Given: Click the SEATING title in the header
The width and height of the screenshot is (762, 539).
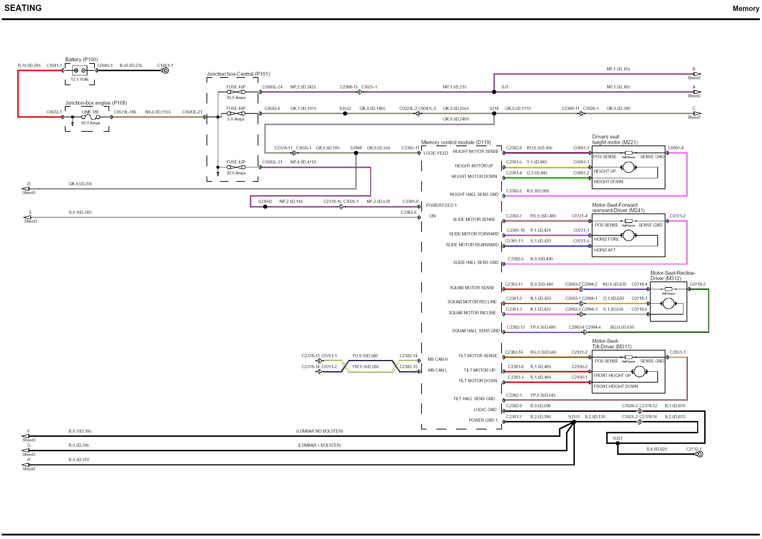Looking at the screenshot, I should coord(23,8).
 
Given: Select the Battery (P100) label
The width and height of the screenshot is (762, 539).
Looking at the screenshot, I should coord(81,60).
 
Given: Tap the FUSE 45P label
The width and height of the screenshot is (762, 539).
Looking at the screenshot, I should coord(236,87).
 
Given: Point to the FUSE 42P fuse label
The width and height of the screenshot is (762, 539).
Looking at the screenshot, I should coord(236,162).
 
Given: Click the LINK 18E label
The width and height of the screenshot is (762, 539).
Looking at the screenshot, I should coord(91,112).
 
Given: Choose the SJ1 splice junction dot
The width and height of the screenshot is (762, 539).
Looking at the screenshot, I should coord(494,92).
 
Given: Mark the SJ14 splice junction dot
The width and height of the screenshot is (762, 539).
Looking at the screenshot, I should coord(494,113).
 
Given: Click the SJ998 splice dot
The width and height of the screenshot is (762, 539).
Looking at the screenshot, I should coord(356,153).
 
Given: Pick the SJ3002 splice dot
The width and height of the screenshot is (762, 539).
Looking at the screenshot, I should coord(265,207).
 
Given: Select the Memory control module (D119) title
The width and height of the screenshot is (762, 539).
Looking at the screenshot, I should coord(456,142).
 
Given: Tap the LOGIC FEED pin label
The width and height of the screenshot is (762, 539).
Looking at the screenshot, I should coord(436,153).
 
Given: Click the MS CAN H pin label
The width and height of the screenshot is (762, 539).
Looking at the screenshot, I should coord(437,359).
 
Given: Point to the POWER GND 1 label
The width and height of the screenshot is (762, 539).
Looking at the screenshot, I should coord(483,420).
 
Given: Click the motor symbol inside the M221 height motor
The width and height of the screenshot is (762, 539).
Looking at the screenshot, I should coord(628,167).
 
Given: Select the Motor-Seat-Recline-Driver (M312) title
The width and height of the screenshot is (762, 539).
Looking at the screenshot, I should coord(672,275).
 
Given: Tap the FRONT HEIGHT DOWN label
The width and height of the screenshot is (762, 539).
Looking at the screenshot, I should coord(616,386).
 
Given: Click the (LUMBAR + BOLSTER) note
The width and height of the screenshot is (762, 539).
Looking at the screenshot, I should coord(319,445).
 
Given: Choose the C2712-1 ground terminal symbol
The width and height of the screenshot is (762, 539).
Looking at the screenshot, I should coord(700,454).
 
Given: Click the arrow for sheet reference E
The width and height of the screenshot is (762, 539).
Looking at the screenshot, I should coord(27,217).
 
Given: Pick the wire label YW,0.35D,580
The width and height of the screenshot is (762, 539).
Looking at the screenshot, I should coord(365,367).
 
